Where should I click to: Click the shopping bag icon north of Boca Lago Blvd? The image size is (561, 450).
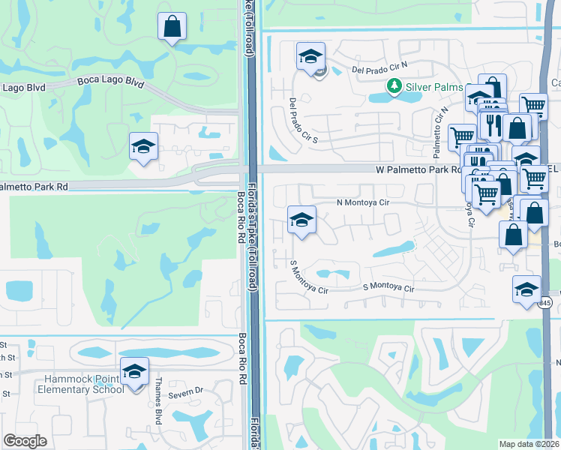tap(172, 27)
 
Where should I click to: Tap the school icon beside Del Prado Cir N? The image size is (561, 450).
tap(310, 55)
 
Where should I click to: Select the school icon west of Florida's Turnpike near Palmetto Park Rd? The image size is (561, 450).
tap(142, 145)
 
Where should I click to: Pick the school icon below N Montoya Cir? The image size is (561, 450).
tap(301, 219)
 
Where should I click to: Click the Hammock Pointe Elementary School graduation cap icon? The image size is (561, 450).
tap(135, 370)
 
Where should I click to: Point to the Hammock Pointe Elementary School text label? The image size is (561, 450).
tap(82, 385)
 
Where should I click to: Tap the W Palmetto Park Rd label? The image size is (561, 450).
tap(418, 170)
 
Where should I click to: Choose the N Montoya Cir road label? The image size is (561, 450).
tap(362, 202)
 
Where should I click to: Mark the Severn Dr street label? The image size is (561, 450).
tap(185, 391)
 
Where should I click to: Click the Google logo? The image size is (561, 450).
tap(25, 441)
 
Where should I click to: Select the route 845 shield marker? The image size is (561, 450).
tap(545, 302)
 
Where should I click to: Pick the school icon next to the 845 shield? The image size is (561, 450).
tap(526, 289)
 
